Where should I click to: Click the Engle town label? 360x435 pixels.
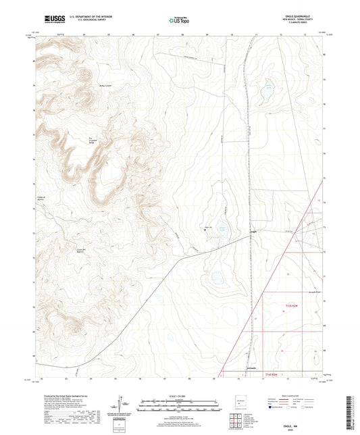[253, 234]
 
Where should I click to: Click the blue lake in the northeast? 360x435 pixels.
[268, 87]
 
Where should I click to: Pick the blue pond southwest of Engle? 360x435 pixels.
[217, 276]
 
